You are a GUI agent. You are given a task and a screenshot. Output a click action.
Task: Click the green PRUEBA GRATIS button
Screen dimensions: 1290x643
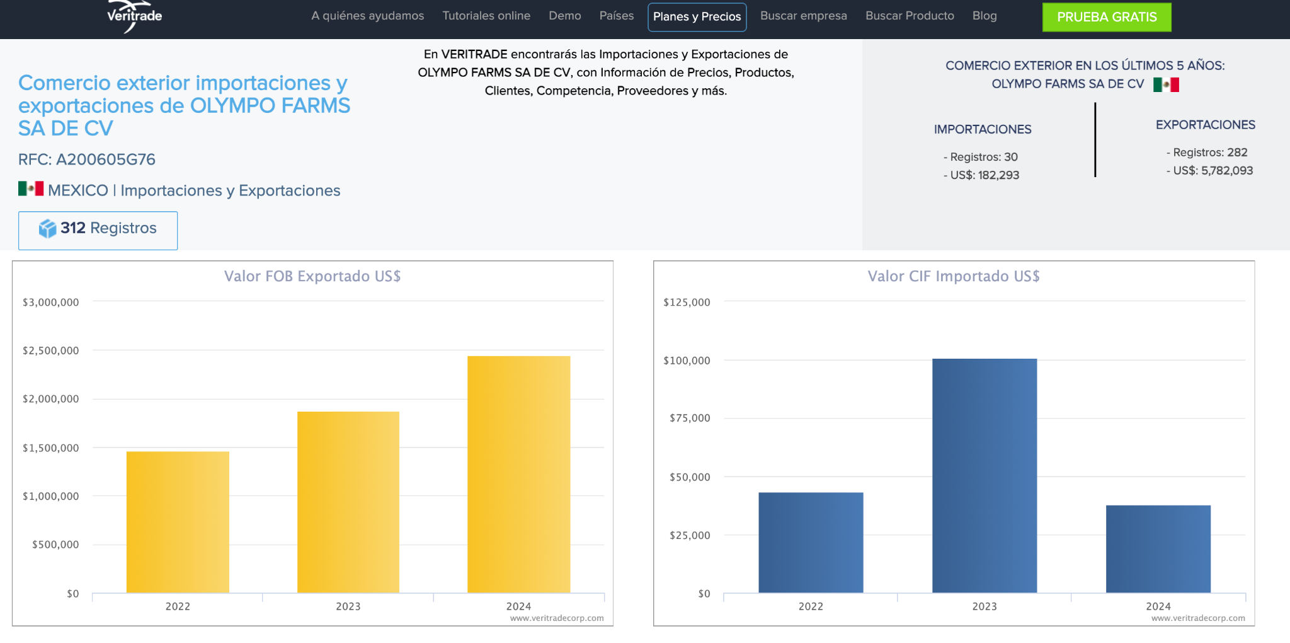pyautogui.click(x=1107, y=17)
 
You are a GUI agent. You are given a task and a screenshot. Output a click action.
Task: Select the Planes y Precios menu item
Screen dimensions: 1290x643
pyautogui.click(x=697, y=17)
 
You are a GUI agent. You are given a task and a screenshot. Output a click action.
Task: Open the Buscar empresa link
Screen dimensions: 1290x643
pyautogui.click(x=803, y=16)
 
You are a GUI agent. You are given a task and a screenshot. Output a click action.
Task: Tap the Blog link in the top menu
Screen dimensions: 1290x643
pyautogui.click(x=985, y=16)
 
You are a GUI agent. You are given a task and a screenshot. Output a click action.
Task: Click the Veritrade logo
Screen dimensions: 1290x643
pyautogui.click(x=134, y=16)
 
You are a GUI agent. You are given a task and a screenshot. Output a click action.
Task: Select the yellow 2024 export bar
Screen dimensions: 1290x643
pyautogui.click(x=518, y=474)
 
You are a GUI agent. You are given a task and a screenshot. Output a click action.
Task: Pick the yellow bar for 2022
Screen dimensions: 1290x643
pyautogui.click(x=178, y=522)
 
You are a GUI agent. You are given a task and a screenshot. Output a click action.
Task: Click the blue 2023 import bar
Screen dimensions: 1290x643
pyautogui.click(x=985, y=475)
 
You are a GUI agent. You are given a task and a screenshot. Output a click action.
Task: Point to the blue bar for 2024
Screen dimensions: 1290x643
pyautogui.click(x=1158, y=549)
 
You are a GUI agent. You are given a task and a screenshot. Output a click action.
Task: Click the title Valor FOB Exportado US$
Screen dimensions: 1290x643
pyautogui.click(x=312, y=276)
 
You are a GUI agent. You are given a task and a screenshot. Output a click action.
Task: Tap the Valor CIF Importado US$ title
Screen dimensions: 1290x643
pyautogui.click(x=954, y=276)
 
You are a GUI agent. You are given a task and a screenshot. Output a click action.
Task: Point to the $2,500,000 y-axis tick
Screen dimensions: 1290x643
pyautogui.click(x=51, y=350)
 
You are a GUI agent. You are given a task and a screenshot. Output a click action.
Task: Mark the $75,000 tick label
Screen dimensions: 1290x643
pyautogui.click(x=690, y=418)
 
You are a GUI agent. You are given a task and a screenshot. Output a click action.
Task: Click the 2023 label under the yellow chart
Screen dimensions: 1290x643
pyautogui.click(x=348, y=606)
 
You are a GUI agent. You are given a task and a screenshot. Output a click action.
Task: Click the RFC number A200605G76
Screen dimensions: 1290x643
pyautogui.click(x=106, y=159)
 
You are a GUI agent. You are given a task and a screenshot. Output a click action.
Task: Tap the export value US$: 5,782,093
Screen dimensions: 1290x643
pyautogui.click(x=1209, y=170)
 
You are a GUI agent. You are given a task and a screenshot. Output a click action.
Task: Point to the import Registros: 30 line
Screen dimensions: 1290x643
pyautogui.click(x=981, y=157)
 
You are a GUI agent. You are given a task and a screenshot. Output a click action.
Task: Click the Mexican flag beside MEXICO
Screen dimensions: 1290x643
pyautogui.click(x=31, y=188)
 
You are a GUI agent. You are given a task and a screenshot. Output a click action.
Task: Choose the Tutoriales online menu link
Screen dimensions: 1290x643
pyautogui.click(x=486, y=16)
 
